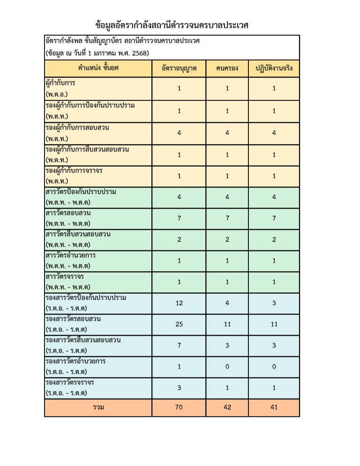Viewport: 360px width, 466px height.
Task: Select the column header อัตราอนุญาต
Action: pos(179,68)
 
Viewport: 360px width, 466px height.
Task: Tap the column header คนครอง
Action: pos(227,68)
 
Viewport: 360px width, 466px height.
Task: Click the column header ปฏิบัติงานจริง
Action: pos(274,68)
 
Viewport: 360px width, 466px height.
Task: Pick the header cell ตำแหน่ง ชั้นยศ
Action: pos(98,68)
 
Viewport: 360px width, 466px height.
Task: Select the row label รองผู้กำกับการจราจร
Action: pos(74,171)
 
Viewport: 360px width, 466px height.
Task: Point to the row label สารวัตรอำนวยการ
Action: pos(71,256)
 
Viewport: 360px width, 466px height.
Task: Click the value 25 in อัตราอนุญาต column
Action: pos(179,324)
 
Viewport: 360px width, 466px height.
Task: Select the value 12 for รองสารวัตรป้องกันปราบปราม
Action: pos(179,303)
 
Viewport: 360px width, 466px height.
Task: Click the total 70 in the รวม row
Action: pos(179,407)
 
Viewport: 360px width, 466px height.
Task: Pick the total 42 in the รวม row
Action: pos(227,407)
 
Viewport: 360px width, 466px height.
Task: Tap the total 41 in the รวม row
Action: pos(274,407)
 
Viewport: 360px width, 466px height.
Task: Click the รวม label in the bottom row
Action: pos(98,407)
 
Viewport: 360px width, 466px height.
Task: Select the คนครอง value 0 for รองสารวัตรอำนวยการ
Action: pos(227,367)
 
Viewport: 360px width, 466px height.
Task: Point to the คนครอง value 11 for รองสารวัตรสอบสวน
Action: pos(227,324)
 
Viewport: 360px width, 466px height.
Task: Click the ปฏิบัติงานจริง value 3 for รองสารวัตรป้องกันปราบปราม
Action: pos(274,303)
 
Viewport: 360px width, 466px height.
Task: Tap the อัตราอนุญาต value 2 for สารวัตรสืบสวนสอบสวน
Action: pos(179,240)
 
